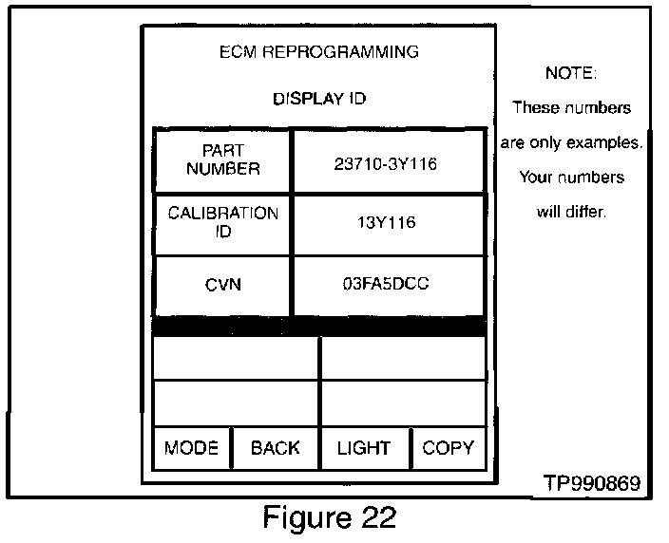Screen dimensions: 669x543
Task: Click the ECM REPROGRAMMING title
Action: click(319, 52)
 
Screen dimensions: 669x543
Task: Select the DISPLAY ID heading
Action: click(319, 99)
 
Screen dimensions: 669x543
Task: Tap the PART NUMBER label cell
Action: click(222, 160)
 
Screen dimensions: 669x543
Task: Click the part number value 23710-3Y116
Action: click(385, 164)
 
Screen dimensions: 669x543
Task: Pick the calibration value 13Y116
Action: click(387, 222)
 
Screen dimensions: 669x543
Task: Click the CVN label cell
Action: click(222, 285)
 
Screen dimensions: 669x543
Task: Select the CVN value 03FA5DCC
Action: click(386, 284)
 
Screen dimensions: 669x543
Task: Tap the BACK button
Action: click(276, 448)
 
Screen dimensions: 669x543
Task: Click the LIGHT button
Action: click(365, 448)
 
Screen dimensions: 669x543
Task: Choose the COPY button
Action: click(449, 448)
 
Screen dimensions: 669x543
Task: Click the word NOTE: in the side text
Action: click(571, 73)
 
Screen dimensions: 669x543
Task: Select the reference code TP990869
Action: click(592, 483)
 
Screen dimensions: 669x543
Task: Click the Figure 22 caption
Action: click(330, 517)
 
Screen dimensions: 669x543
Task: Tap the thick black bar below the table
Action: click(319, 327)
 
